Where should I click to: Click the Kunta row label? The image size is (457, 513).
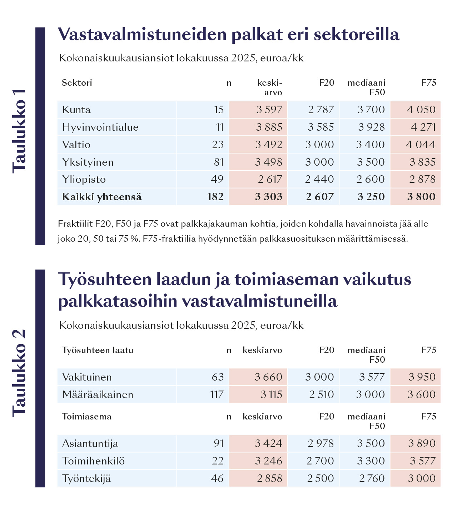[76, 110]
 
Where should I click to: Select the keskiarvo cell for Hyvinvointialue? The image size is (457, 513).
[269, 127]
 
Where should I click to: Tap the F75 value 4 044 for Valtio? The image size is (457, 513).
[421, 145]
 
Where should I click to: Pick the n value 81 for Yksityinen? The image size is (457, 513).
[219, 162]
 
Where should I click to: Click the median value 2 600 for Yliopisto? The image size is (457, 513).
[371, 179]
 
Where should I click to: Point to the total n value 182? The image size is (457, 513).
[215, 197]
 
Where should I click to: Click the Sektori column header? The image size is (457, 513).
[77, 83]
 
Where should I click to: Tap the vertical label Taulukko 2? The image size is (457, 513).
[20, 373]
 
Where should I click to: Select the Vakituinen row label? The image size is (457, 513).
[87, 377]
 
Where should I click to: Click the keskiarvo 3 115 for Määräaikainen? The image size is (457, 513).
[271, 394]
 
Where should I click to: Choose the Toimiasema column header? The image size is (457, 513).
[86, 417]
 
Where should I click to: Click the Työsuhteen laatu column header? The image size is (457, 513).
[98, 350]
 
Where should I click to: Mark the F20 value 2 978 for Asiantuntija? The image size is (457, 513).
[321, 443]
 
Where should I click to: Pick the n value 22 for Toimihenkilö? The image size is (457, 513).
[218, 461]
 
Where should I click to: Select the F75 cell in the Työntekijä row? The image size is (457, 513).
[422, 478]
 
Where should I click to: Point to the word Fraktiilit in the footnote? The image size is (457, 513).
[75, 224]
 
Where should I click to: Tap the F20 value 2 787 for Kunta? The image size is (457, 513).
[321, 110]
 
